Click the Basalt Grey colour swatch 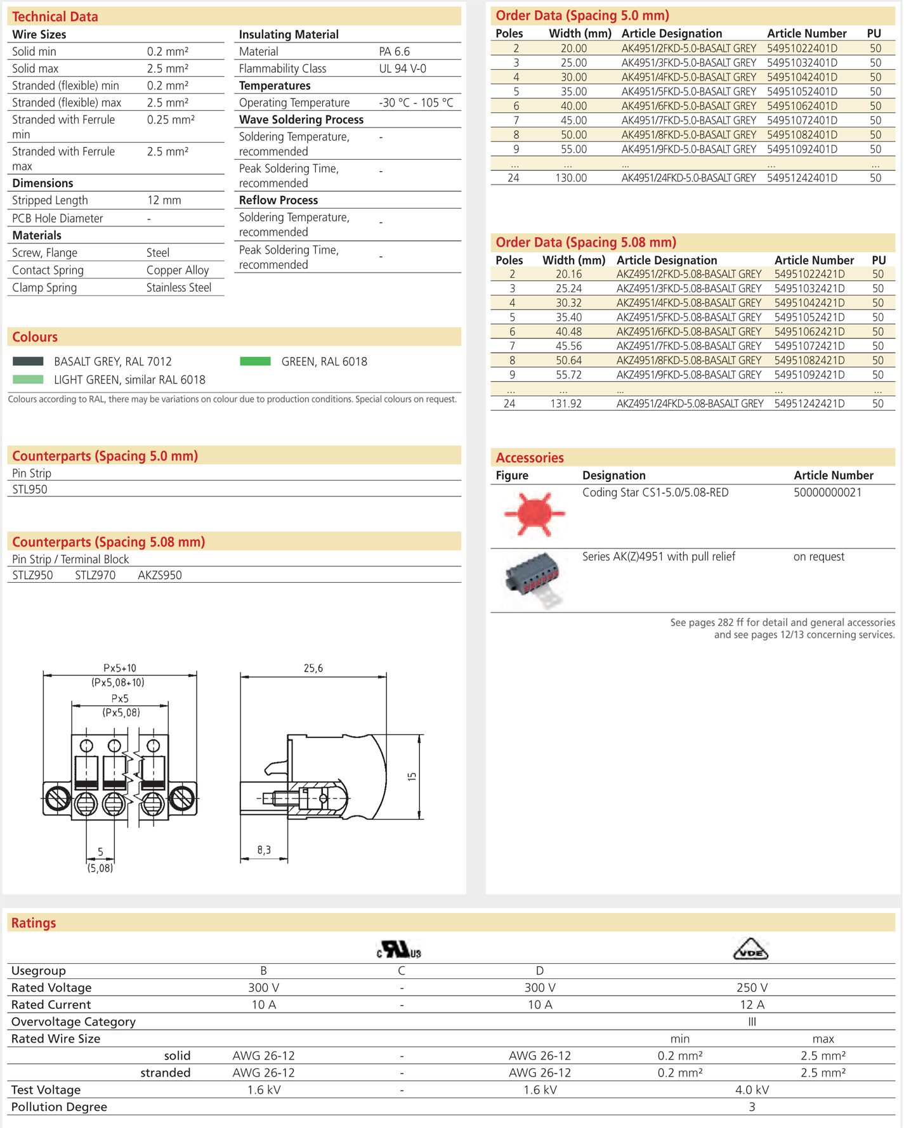[28, 361]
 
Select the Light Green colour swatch [28, 380]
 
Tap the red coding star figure [534, 514]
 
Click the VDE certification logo [750, 949]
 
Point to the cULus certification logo [399, 949]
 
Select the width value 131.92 [565, 404]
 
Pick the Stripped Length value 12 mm [164, 200]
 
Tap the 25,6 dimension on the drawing [313, 668]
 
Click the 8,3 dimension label [264, 850]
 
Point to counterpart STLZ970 [95, 576]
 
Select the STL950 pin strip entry [30, 489]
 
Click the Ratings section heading [34, 923]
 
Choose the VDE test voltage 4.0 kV [752, 1090]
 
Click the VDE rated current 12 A [752, 1005]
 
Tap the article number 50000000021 [827, 493]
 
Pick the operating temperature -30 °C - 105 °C [416, 103]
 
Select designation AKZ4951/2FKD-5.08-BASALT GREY [689, 275]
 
